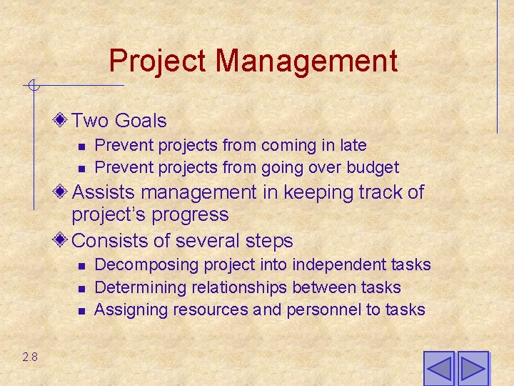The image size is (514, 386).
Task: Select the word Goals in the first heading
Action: click(x=140, y=122)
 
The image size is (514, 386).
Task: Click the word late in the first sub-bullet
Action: click(x=353, y=145)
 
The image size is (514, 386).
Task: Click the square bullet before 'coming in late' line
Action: click(x=81, y=146)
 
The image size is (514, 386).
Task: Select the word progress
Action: click(x=196, y=214)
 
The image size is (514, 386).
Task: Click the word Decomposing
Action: click(x=146, y=265)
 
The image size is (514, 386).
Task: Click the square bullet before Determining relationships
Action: click(x=81, y=288)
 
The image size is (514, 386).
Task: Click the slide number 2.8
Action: click(x=29, y=357)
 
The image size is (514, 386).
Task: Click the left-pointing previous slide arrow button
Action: click(x=438, y=369)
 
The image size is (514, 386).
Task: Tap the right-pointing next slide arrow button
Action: click(x=473, y=369)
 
